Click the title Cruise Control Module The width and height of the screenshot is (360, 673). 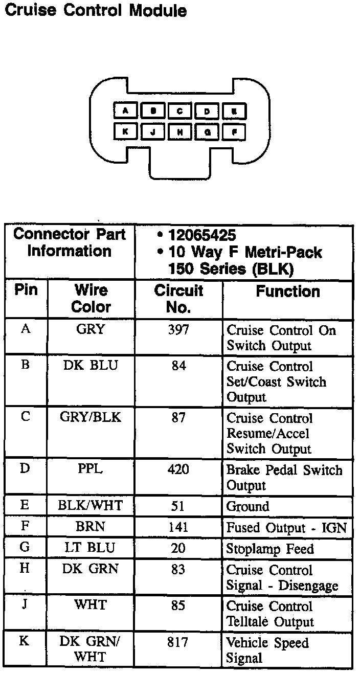tap(95, 10)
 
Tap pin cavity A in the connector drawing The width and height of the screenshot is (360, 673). tap(124, 111)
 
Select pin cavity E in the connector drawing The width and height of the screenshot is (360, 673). tap(234, 111)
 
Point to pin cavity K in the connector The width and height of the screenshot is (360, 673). tap(124, 131)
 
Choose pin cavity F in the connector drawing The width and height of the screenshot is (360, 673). tap(234, 131)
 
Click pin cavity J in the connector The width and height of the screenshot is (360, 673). tap(152, 131)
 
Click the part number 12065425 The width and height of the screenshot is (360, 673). tap(202, 236)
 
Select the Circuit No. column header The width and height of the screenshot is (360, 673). tap(178, 299)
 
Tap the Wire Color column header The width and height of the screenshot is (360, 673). tap(91, 299)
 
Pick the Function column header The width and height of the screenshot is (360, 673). tap(288, 291)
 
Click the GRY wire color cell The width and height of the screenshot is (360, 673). tap(91, 330)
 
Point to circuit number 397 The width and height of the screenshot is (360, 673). tap(178, 330)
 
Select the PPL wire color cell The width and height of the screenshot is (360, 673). tap(91, 469)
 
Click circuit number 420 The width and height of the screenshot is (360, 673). tap(178, 469)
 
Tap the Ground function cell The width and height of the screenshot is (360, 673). tap(247, 506)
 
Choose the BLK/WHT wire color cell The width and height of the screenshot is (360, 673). tap(91, 506)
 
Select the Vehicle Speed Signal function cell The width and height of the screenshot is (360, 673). tap(268, 650)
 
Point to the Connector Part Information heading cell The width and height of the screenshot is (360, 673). tap(70, 243)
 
